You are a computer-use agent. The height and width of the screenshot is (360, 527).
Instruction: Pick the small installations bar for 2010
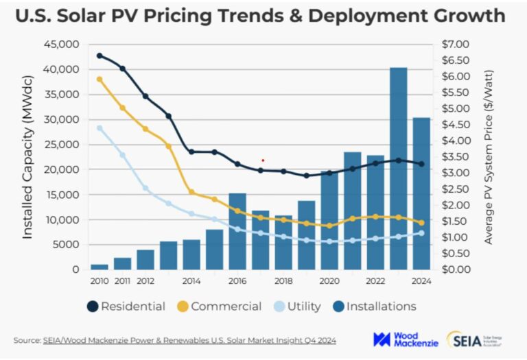click(99, 266)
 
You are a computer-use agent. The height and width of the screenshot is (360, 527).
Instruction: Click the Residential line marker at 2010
click(99, 56)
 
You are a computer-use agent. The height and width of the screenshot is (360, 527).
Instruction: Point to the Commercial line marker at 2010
click(99, 79)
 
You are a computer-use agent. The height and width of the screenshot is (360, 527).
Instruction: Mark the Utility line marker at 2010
click(99, 128)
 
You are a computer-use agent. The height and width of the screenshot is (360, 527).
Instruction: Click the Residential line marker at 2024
click(421, 164)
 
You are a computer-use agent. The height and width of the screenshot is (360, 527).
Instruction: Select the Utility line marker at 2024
click(421, 233)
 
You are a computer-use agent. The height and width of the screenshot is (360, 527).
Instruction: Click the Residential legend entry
click(126, 307)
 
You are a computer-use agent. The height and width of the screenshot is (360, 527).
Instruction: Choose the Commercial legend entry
click(219, 307)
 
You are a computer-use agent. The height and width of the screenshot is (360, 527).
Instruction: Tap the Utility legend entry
click(296, 307)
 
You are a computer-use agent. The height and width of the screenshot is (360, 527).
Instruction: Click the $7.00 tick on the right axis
click(454, 45)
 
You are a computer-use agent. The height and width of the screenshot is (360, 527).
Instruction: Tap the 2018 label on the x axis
click(283, 280)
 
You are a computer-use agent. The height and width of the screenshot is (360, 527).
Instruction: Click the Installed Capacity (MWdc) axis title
click(27, 157)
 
